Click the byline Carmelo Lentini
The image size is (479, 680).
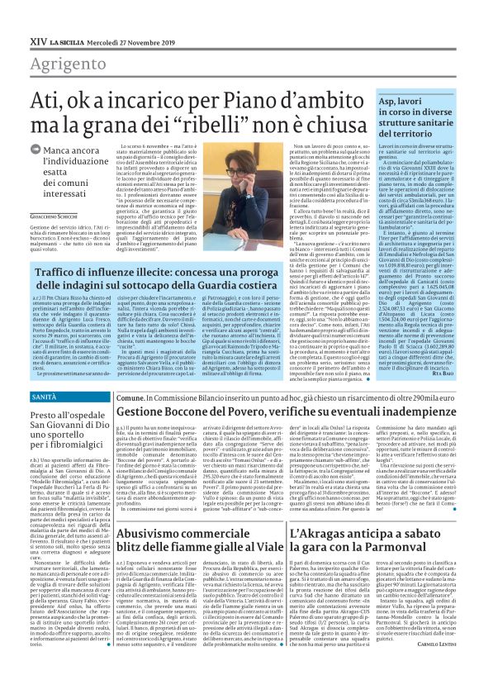point(444,667)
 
